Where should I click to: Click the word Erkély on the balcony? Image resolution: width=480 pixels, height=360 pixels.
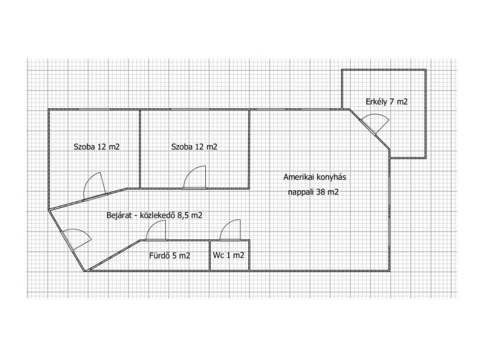(376, 102)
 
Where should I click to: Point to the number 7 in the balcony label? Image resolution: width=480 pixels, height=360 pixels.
(392, 102)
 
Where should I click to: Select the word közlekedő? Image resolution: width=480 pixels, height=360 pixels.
(157, 215)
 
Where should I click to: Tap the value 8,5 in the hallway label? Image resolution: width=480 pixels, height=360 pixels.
(183, 215)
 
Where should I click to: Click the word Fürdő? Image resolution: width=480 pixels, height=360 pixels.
(159, 255)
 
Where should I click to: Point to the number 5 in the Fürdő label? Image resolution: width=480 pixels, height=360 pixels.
(174, 255)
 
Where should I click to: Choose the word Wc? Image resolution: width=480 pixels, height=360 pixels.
(218, 255)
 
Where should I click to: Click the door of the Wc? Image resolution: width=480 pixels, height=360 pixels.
(230, 230)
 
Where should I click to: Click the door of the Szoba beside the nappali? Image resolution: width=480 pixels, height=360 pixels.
(195, 177)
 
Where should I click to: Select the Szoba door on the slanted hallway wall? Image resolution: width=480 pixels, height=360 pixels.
(95, 186)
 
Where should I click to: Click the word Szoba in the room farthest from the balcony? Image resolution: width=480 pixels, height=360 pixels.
(84, 147)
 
